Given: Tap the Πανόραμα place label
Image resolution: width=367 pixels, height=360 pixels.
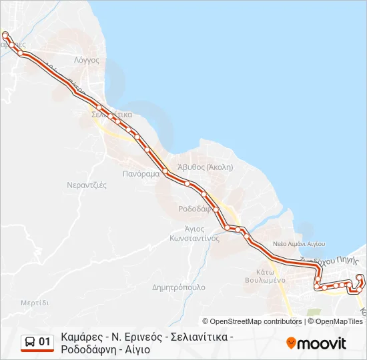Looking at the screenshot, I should (141, 173).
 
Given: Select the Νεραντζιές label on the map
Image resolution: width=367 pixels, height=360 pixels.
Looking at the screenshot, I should (87, 185).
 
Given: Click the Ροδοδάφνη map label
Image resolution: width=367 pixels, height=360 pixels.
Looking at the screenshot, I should (195, 209).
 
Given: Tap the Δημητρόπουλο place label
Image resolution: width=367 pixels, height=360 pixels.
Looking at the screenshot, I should (179, 287).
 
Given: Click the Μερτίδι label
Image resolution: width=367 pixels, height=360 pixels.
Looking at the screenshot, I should (35, 303).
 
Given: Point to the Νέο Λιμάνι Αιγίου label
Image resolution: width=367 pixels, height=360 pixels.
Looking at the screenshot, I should (298, 244).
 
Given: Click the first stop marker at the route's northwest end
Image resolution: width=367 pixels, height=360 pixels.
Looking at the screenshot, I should (5, 35).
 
